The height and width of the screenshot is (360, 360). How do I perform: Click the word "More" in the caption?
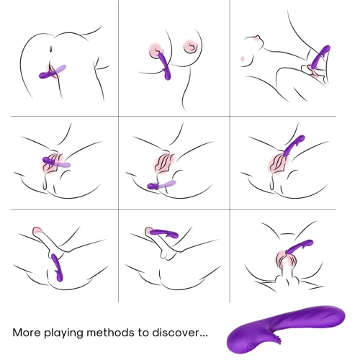point(27,333)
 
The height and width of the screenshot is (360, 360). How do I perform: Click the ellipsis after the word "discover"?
point(204,336)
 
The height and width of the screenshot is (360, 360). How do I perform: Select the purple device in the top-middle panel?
point(165,66)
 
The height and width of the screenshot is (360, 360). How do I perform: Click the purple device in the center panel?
point(161,184)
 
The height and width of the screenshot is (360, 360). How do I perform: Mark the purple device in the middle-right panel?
point(294,145)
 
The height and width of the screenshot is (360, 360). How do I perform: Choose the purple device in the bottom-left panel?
point(57,268)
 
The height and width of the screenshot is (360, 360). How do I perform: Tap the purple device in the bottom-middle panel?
point(166,233)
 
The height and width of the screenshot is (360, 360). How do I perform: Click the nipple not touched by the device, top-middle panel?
point(192,46)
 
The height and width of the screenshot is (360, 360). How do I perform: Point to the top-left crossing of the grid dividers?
point(118,117)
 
